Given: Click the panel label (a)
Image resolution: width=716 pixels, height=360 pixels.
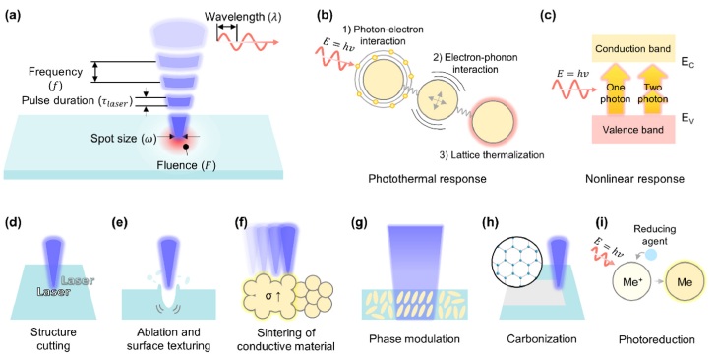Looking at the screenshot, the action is click(12, 16).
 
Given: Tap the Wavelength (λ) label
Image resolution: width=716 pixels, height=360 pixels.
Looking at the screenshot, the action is click(243, 17).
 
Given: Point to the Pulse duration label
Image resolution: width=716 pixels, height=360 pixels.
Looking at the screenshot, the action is click(77, 101).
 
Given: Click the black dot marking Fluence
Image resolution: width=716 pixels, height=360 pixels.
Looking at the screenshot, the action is click(186, 147).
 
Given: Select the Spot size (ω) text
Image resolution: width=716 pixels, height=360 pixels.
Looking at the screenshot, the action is click(123, 138).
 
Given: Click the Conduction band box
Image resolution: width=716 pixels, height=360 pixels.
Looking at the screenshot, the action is click(633, 48).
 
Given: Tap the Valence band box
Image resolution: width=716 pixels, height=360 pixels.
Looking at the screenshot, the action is click(633, 129).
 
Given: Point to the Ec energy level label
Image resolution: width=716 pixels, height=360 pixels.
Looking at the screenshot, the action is click(687, 62).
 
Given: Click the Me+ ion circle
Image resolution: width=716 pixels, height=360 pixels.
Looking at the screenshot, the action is click(631, 282).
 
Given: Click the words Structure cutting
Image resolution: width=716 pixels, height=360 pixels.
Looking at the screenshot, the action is click(53, 338).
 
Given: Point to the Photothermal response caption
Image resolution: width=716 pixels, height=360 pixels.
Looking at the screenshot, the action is click(427, 178).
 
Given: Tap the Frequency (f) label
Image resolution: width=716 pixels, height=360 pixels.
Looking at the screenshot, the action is click(55, 78).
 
